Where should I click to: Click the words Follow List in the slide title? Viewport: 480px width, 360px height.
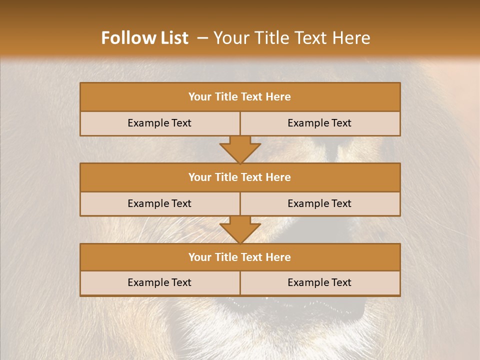pyautogui.click(x=144, y=38)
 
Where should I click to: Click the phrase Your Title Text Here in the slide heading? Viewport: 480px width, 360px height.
pyautogui.click(x=291, y=38)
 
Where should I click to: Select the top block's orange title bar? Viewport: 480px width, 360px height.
pyautogui.click(x=240, y=97)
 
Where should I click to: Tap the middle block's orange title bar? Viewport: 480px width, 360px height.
pyautogui.click(x=240, y=177)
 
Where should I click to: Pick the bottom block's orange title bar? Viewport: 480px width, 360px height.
pyautogui.click(x=240, y=257)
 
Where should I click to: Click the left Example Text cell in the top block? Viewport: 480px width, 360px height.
pyautogui.click(x=159, y=123)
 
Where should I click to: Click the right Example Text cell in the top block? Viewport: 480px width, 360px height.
pyautogui.click(x=319, y=123)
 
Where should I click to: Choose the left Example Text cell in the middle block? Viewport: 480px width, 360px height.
pyautogui.click(x=159, y=203)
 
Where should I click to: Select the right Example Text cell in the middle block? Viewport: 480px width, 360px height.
pyautogui.click(x=319, y=203)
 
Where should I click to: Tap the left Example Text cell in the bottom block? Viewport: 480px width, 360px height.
pyautogui.click(x=159, y=282)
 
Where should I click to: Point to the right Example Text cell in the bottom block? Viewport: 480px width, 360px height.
pyautogui.click(x=319, y=282)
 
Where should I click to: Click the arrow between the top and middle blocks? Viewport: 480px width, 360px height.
pyautogui.click(x=240, y=149)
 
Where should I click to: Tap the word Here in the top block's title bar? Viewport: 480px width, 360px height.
pyautogui.click(x=278, y=97)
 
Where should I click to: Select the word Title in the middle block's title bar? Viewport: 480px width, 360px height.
pyautogui.click(x=226, y=177)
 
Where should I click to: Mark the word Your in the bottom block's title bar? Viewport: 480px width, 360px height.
pyautogui.click(x=199, y=257)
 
